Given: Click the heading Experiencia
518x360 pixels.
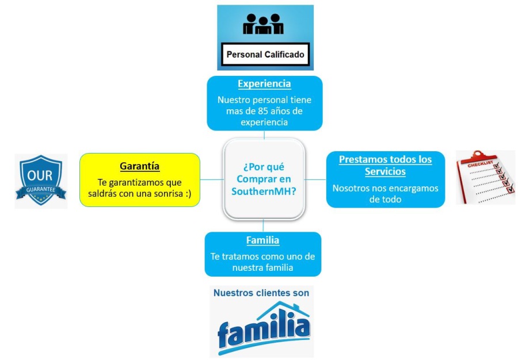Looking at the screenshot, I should pos(265,84).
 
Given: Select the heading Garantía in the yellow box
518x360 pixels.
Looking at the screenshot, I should pos(139,166).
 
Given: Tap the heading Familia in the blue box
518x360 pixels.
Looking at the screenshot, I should pos(262,240).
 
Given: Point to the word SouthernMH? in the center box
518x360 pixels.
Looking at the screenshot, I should pos(264,191).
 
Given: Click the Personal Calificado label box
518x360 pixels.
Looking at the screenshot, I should pos(265,55).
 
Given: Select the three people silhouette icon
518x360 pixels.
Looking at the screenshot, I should pos(264,24).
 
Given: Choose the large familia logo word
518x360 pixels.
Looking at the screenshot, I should pos(264,333).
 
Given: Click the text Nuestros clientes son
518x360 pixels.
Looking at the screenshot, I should pos(261,293).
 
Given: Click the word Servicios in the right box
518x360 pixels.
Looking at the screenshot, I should pos(385,171).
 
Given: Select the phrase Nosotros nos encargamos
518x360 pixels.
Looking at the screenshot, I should pos(386,188).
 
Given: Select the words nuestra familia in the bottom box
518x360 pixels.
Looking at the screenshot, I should pos(263,267).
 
